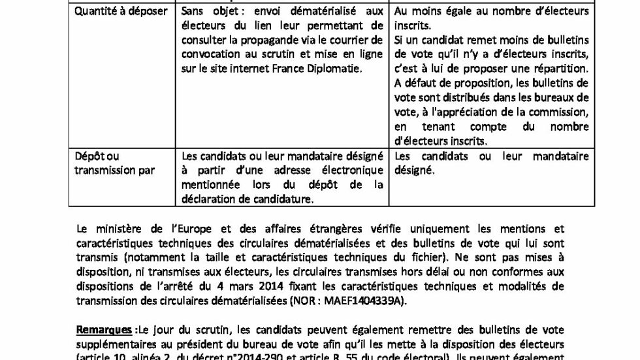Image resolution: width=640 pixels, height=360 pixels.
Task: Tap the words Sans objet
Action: (x=204, y=12)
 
